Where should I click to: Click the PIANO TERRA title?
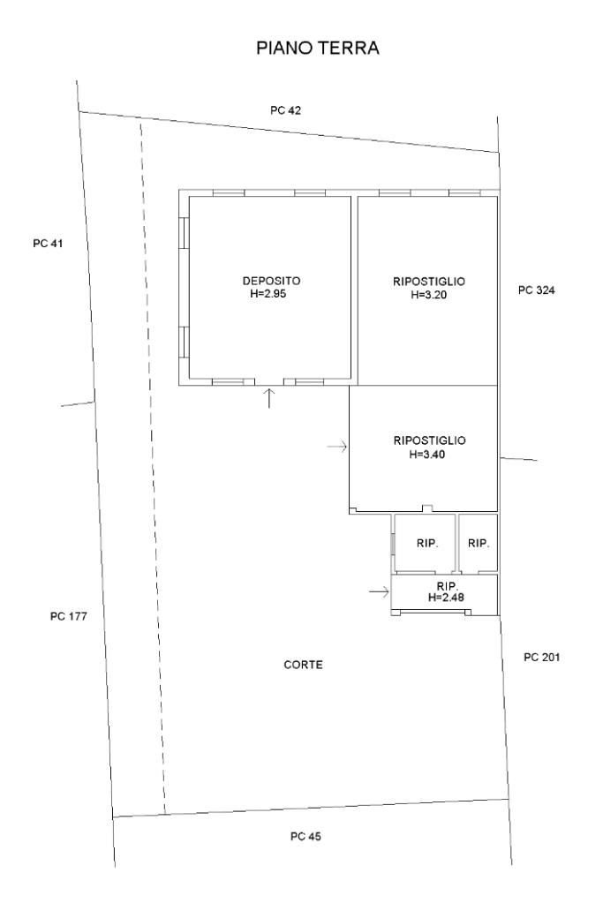click(x=317, y=48)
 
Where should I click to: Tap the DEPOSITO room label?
click(x=271, y=281)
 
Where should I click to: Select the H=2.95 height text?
click(x=268, y=294)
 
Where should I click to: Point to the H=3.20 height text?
click(x=429, y=295)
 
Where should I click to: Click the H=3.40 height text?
click(x=426, y=455)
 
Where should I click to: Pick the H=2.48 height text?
click(x=447, y=598)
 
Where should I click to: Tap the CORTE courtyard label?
click(x=304, y=665)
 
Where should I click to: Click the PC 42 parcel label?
click(x=286, y=110)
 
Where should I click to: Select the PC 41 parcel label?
click(x=48, y=244)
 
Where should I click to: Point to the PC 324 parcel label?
click(x=537, y=290)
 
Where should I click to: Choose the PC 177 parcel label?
click(x=69, y=616)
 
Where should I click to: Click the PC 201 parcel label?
click(x=542, y=657)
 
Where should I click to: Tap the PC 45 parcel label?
click(x=305, y=836)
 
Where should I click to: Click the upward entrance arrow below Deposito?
click(x=269, y=398)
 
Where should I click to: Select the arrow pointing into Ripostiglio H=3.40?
click(x=337, y=447)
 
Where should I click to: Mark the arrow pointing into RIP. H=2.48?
click(x=379, y=592)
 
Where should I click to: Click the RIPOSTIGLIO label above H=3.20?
click(x=429, y=282)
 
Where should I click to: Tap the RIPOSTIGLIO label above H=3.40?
click(x=430, y=440)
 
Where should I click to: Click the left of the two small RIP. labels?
click(x=427, y=543)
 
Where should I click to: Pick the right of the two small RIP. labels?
click(x=479, y=543)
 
